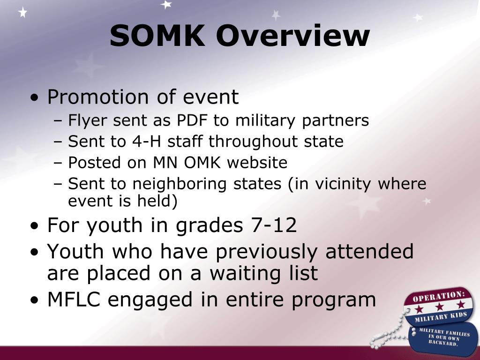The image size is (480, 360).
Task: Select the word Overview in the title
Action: click(294, 36)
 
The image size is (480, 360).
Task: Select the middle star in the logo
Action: click(440, 307)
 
